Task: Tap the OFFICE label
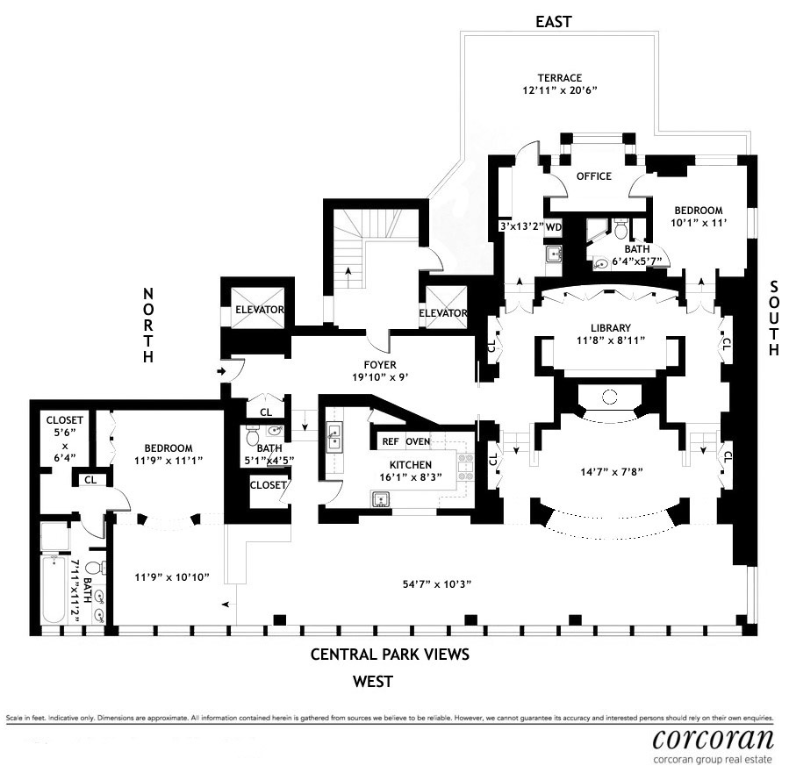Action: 593,176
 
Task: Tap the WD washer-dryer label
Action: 553,227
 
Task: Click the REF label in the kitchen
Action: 391,440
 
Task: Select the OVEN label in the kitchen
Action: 418,440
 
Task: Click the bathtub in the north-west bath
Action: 54,587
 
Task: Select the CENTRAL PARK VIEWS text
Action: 391,655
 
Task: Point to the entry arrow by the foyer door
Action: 222,372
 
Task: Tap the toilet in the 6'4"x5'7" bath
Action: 620,231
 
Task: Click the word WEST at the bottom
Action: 372,681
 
